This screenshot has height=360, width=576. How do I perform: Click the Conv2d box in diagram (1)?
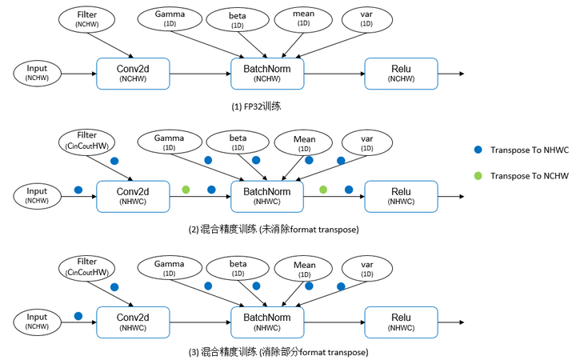tap(132, 73)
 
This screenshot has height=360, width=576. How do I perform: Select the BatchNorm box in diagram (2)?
tap(267, 194)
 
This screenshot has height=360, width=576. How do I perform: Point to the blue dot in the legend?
tap(478, 150)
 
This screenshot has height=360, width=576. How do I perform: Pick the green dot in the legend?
tap(478, 176)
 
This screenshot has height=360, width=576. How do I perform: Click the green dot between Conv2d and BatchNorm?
tap(186, 190)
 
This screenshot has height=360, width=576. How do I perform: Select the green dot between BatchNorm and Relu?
tap(323, 190)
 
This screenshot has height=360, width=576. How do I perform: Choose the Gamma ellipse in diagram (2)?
tap(170, 142)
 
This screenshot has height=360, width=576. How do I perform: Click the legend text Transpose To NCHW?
tap(528, 176)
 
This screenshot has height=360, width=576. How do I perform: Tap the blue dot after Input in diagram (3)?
tap(78, 317)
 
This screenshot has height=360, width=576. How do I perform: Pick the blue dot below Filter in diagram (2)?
tap(114, 162)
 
